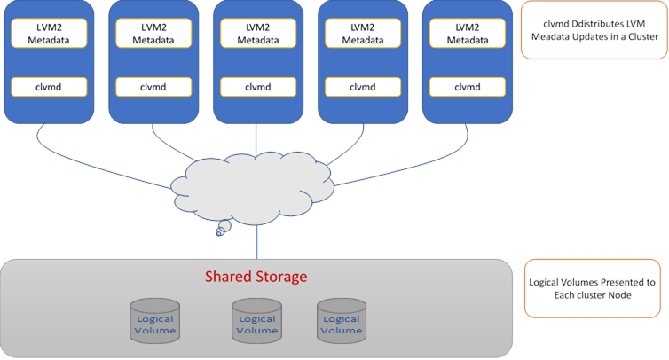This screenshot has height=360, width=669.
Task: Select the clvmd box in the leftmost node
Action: coord(49,87)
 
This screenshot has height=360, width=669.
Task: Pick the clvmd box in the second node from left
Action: coord(153,87)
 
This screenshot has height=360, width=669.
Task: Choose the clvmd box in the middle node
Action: coord(257,87)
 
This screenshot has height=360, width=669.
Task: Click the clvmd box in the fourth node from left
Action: coord(362,87)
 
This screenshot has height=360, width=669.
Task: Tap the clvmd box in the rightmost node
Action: coord(467,87)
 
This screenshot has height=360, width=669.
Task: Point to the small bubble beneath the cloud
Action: coord(224,229)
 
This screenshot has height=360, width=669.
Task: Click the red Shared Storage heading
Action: coord(256,277)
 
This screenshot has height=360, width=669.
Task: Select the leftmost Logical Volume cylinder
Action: coord(154,318)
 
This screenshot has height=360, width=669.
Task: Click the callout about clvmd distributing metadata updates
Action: coord(593,30)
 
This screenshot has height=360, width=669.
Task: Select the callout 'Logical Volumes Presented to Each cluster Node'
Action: coord(593,288)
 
